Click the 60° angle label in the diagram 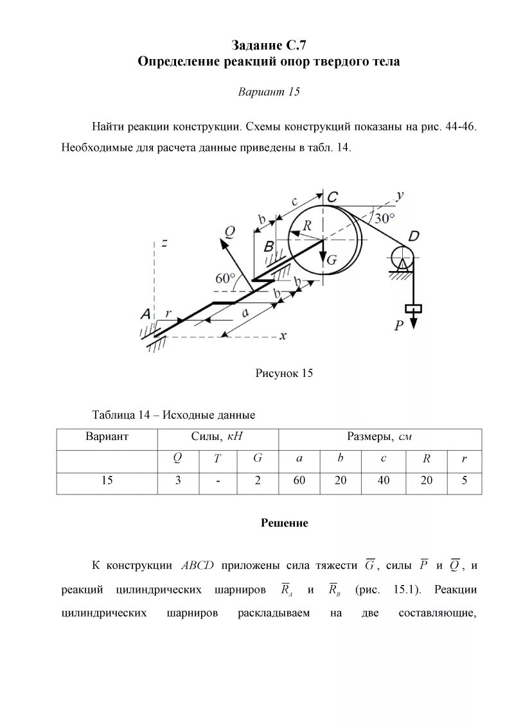(226, 279)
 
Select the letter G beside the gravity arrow (332, 259)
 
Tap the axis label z (165, 243)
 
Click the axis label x (283, 336)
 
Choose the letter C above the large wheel (333, 197)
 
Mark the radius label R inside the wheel (308, 225)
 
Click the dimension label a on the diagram (245, 312)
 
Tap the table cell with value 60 (299, 480)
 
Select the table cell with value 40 (384, 480)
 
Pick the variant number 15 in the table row (107, 480)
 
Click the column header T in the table (217, 459)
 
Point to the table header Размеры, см (379, 437)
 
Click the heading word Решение (284, 523)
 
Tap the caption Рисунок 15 (284, 373)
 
